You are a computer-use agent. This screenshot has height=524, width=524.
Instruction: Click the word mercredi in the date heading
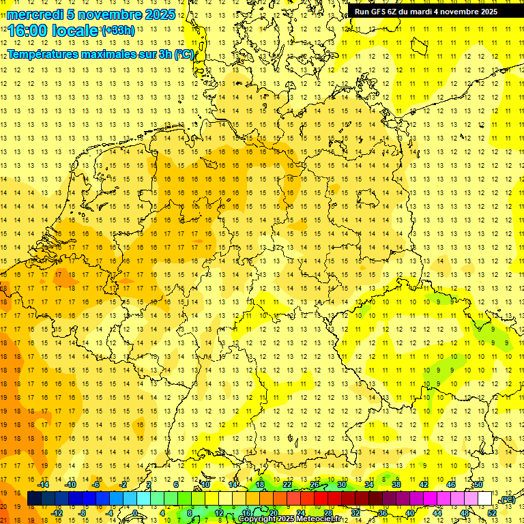(x=35, y=14)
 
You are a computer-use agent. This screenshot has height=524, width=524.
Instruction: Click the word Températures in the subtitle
(x=46, y=54)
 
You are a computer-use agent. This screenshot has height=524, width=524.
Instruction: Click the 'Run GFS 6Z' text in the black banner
(x=376, y=12)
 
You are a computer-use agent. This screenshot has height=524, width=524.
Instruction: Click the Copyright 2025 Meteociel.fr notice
(x=289, y=519)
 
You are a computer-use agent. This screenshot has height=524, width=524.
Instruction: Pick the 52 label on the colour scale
(x=492, y=512)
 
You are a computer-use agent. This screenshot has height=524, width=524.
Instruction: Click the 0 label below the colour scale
(x=135, y=512)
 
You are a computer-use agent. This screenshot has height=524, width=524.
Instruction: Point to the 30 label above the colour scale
(x=342, y=484)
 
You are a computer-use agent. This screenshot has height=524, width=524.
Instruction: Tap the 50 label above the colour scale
(x=478, y=484)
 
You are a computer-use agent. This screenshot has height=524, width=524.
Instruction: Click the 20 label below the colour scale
(x=273, y=512)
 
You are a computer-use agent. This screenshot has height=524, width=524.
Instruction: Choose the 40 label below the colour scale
(x=409, y=512)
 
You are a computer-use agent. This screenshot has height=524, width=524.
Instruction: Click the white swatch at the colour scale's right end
(x=484, y=499)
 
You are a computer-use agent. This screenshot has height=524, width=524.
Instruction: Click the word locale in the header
(x=74, y=31)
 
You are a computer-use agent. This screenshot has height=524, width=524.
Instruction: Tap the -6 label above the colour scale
(x=96, y=484)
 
